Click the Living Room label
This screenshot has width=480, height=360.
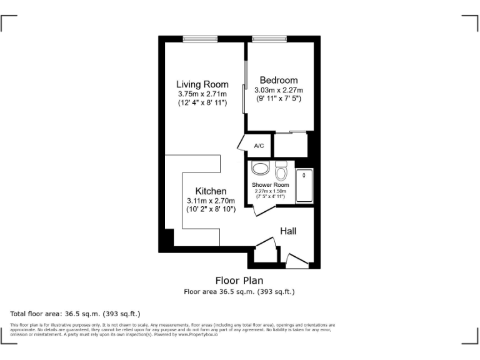click(202, 84)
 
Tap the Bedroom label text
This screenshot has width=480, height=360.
click(279, 80)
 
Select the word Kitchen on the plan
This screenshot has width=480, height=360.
click(211, 191)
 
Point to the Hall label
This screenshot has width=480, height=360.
click(288, 231)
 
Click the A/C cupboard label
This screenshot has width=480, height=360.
click(259, 146)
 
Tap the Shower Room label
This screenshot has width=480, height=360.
click(270, 185)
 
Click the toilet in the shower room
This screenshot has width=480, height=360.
click(281, 171)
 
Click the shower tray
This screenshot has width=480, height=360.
click(304, 185)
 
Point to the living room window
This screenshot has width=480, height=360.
click(200, 39)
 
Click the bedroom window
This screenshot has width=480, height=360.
click(265, 39)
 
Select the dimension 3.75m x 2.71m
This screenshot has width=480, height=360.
click(202, 94)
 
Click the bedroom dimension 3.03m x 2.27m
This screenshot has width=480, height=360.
click(279, 89)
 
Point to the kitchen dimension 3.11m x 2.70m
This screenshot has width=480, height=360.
click(211, 201)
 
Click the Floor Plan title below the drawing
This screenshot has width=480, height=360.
click(239, 281)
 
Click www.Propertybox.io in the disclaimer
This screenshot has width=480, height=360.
click(198, 334)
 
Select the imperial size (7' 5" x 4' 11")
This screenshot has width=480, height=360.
click(270, 196)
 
